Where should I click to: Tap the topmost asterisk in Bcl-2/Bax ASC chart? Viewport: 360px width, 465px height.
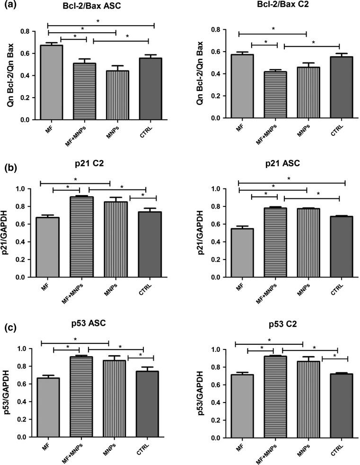(98, 21)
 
